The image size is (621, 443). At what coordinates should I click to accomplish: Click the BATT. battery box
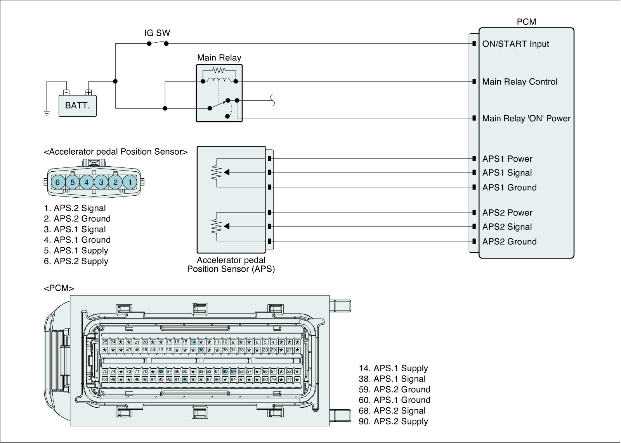point(77,105)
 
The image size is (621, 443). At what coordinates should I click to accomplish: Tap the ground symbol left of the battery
point(47,113)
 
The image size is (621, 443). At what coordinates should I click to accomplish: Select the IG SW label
point(157,33)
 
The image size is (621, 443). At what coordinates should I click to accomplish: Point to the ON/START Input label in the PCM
point(515,44)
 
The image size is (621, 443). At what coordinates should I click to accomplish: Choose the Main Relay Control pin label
point(520,82)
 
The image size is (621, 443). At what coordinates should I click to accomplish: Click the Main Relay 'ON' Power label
point(526,118)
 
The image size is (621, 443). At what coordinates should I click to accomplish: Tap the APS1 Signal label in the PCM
point(507,173)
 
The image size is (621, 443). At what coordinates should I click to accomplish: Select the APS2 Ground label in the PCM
point(509,241)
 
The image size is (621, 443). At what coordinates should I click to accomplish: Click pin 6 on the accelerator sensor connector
point(58,182)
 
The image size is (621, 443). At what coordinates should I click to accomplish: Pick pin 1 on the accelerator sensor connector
point(130,182)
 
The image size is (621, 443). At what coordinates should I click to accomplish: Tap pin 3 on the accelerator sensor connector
point(101,182)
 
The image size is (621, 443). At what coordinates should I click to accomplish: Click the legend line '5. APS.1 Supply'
point(76,250)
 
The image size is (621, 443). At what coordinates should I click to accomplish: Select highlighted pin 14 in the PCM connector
point(193,342)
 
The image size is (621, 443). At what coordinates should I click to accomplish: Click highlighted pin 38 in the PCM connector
point(201,350)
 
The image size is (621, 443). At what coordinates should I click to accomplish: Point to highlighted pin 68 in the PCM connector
point(161,371)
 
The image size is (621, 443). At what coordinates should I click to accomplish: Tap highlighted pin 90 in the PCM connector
point(185,379)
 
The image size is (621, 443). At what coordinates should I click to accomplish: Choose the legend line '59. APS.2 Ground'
point(394,390)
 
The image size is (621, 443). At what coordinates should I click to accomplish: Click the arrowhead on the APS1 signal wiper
point(227,172)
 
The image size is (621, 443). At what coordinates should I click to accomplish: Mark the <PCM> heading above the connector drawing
point(59,288)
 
